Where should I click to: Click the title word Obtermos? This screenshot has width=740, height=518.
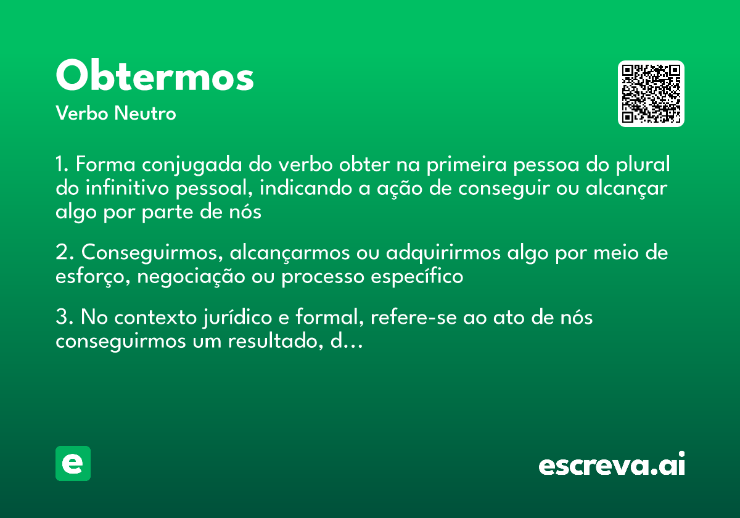click(x=155, y=76)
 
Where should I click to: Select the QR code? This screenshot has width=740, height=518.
click(x=651, y=94)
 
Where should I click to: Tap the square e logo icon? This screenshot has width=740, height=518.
click(x=73, y=463)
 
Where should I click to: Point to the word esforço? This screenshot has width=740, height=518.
click(x=92, y=277)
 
